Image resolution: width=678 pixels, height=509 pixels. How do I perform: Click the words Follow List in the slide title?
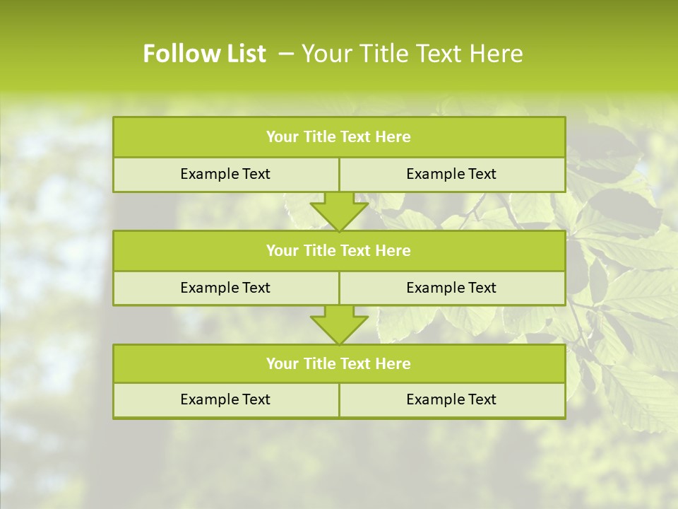204,54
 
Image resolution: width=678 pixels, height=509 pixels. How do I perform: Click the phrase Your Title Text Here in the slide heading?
412,54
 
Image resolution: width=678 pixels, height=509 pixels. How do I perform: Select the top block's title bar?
339,137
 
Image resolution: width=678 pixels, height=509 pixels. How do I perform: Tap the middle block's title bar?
339,251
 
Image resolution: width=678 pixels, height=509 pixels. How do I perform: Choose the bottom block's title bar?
339,364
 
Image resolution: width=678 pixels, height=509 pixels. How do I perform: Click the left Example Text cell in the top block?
225,175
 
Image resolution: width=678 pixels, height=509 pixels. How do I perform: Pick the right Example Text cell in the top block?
451,175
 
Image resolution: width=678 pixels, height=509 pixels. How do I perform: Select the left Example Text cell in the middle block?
225,288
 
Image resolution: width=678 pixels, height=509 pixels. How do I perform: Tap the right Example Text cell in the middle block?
451,288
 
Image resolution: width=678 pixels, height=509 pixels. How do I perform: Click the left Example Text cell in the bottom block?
225,400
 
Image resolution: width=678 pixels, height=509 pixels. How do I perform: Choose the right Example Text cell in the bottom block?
451,400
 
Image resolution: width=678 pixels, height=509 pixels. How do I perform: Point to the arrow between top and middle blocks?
339,211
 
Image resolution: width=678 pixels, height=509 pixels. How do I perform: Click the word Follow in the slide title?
179,54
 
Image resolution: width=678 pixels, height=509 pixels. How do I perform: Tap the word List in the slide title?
242,54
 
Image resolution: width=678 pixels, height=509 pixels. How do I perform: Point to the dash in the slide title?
286,54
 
